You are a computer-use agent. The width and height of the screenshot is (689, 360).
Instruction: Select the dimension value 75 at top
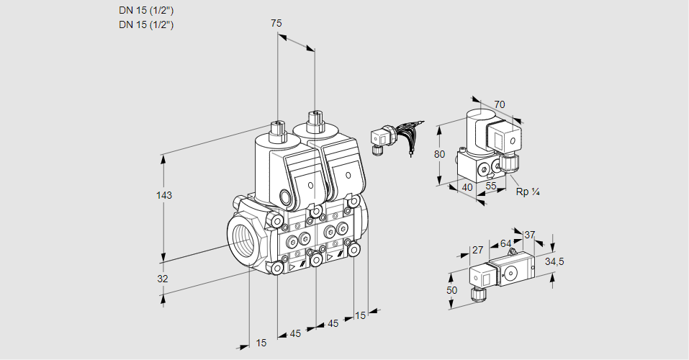point(276,24)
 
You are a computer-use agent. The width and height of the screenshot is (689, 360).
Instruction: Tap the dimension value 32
point(163,279)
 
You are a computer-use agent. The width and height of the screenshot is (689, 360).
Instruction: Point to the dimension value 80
point(441,154)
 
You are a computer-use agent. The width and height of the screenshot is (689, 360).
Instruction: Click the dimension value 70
point(500,104)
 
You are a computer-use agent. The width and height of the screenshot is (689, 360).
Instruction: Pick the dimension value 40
point(467,187)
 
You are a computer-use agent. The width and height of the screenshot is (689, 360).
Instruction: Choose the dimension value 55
point(491,187)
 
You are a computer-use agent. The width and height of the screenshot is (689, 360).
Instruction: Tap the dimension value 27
point(477,250)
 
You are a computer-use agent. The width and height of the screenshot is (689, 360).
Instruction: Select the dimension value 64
point(505,244)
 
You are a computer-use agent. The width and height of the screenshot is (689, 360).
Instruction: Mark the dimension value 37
point(529,235)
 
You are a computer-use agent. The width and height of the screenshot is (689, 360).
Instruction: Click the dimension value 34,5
point(554,261)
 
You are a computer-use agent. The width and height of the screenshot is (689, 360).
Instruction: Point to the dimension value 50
point(451,290)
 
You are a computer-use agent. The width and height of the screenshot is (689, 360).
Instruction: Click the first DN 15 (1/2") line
point(147,10)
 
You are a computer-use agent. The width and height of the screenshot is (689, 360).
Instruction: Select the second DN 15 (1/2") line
point(147,24)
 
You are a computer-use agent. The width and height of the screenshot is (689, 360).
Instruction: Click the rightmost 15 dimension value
point(360,315)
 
